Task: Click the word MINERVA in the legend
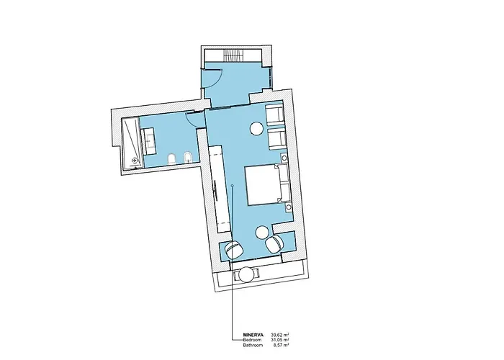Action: (x=253, y=335)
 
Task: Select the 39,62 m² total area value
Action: (x=280, y=335)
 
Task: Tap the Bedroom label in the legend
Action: (x=252, y=340)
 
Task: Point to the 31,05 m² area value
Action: (x=280, y=340)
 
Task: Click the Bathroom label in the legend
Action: (x=253, y=345)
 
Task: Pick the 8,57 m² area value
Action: (x=281, y=345)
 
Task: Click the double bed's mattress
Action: (x=263, y=185)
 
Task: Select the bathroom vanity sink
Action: (x=148, y=141)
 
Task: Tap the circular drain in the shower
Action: (x=134, y=159)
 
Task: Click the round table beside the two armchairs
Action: (x=258, y=129)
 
